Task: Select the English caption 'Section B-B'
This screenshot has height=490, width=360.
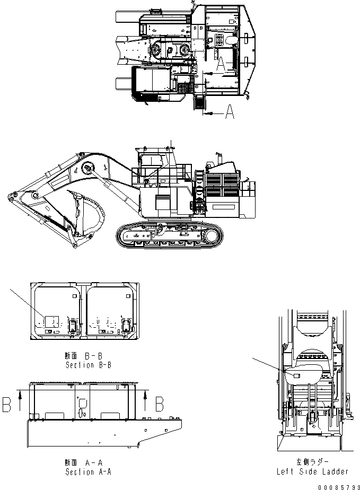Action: point(88,365)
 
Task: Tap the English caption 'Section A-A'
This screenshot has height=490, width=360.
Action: point(88,471)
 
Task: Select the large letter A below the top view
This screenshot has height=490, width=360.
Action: point(229,113)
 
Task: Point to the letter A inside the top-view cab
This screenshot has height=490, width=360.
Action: point(223,64)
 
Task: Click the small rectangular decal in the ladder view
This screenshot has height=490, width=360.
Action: point(296,375)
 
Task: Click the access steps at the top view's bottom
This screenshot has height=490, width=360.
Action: point(200,104)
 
